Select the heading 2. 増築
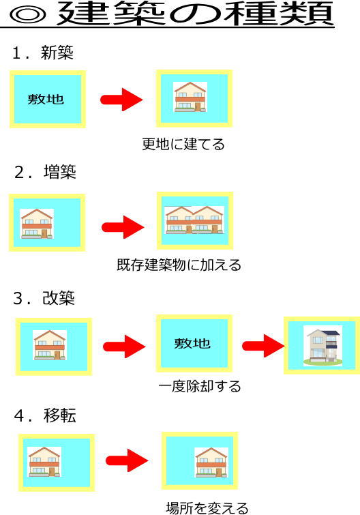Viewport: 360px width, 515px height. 45,172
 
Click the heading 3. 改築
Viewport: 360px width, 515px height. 44,298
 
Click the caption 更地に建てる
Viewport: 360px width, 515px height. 183,145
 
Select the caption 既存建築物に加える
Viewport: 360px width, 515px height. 179,265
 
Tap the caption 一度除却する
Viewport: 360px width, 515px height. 200,387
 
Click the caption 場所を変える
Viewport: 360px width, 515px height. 207,507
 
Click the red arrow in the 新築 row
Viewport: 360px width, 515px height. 121,100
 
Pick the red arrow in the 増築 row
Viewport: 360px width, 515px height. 123,227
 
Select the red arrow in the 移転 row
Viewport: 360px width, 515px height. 127,460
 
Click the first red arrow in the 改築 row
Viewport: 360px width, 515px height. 124,347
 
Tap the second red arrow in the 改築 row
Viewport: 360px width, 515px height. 263,346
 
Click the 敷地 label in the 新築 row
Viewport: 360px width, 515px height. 46,100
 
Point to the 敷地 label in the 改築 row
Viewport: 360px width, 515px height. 193,343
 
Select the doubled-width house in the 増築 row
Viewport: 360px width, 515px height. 194,220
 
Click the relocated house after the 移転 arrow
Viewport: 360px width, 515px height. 211,462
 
